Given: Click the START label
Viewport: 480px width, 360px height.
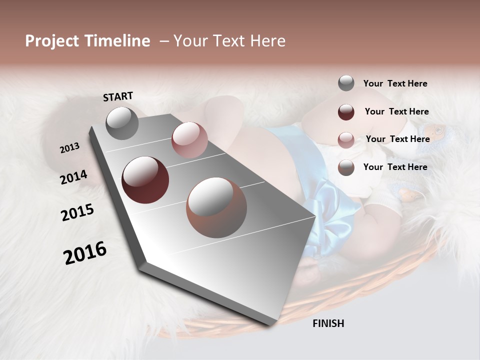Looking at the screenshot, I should (118, 96).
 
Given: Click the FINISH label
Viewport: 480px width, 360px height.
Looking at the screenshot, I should (328, 323).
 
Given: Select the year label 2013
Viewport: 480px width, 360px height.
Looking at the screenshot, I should (69, 148).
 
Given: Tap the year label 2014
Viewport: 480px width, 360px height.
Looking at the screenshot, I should (73, 177).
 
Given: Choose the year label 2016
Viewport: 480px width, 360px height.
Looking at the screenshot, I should (85, 253).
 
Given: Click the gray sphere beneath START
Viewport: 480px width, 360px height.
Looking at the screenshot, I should (122, 123).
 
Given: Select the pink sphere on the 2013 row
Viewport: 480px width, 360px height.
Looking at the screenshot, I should (189, 140).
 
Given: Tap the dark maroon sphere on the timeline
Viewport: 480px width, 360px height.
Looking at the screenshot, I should (145, 180).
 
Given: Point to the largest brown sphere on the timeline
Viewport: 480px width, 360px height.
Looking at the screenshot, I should (216, 207).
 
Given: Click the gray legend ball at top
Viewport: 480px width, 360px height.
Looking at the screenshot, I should (346, 83).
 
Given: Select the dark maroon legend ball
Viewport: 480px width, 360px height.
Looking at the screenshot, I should (346, 111).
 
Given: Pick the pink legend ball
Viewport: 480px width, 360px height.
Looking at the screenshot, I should (346, 139).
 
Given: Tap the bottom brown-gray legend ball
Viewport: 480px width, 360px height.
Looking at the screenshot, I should (346, 167).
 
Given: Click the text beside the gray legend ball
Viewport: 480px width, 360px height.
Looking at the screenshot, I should (395, 83).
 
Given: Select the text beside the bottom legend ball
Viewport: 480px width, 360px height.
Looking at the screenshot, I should (395, 167).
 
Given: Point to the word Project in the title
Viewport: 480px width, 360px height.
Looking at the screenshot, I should (51, 41).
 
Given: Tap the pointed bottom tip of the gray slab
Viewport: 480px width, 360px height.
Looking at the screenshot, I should (270, 324).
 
